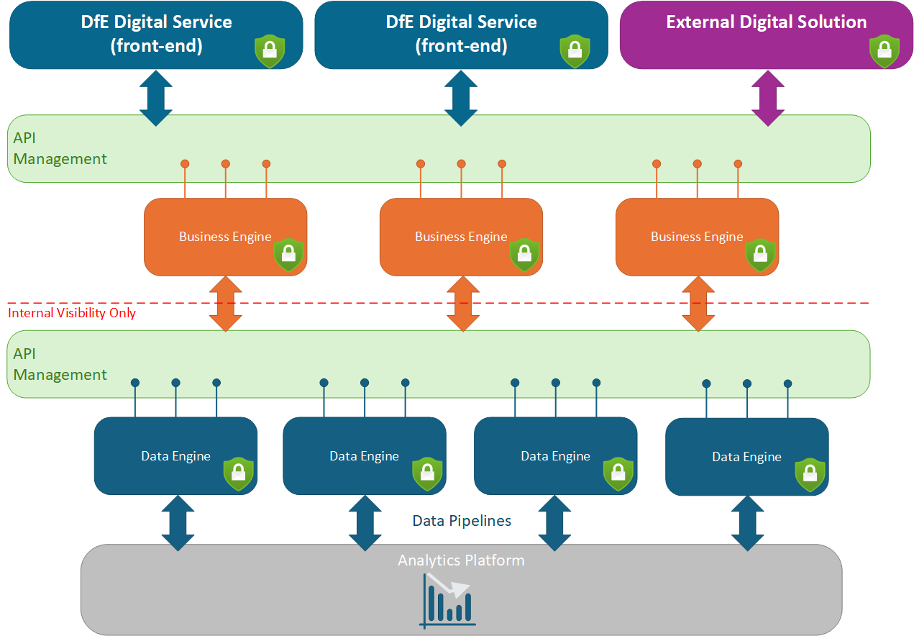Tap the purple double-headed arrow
(x=767, y=99)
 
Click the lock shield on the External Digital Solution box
(x=884, y=50)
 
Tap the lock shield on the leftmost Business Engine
(x=288, y=254)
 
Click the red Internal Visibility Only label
(x=72, y=313)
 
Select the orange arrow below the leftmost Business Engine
(x=225, y=303)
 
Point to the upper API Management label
(x=60, y=149)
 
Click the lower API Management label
(x=60, y=365)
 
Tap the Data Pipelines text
(x=462, y=521)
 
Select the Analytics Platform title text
(x=461, y=560)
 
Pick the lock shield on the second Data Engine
(x=427, y=473)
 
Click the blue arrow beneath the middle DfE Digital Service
(x=460, y=99)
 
